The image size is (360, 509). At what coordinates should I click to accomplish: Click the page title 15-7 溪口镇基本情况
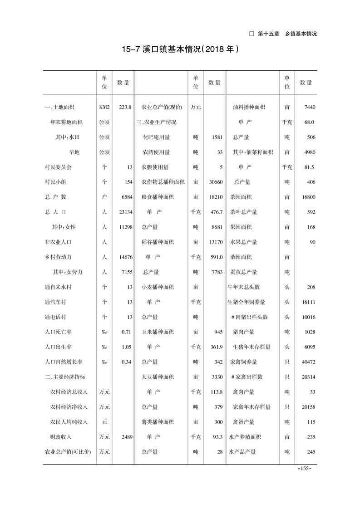click(x=180, y=49)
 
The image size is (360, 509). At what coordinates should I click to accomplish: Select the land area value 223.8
click(x=125, y=107)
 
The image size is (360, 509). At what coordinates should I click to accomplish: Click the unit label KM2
click(x=104, y=107)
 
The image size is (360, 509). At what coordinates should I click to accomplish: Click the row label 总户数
click(x=56, y=197)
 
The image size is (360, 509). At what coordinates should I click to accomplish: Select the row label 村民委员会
click(x=59, y=167)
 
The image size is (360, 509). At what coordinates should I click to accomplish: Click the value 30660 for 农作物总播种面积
click(x=215, y=182)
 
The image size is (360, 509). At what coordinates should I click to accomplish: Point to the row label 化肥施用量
click(x=157, y=137)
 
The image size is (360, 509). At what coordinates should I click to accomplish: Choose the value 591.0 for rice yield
click(x=217, y=257)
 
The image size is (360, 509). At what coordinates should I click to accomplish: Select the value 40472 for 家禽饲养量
click(x=308, y=362)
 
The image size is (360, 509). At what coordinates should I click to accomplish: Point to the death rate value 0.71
click(x=127, y=332)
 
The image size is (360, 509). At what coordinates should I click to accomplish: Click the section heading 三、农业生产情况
click(x=156, y=122)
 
